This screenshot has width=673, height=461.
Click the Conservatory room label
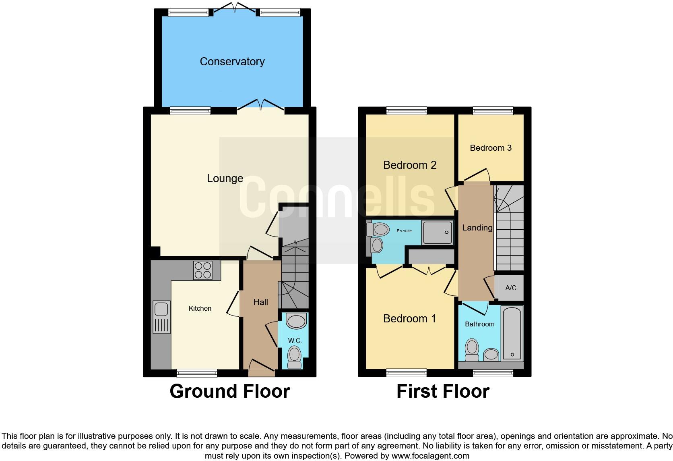[x=232, y=62]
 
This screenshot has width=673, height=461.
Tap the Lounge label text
[x=225, y=179]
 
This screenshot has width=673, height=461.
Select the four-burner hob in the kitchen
[x=203, y=270]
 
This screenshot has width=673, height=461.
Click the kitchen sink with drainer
[x=161, y=317]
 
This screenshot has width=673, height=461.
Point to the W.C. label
[x=295, y=341]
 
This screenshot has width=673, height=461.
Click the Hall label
[x=260, y=302]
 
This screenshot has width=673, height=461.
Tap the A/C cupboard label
[x=510, y=288]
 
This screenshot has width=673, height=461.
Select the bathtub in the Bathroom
[x=512, y=333]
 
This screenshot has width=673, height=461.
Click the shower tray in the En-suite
[x=437, y=233]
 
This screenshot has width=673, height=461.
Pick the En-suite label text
[x=404, y=231]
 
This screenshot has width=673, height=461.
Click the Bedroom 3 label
[x=491, y=148]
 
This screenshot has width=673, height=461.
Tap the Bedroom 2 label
[x=410, y=165]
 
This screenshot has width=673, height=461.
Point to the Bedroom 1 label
[x=409, y=319]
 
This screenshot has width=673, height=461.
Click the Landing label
[x=477, y=228]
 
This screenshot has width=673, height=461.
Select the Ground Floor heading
[x=229, y=391]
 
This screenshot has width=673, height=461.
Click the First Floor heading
[x=443, y=391]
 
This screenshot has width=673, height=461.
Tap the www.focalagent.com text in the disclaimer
[x=430, y=456]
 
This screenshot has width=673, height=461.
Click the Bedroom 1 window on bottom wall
[x=406, y=373]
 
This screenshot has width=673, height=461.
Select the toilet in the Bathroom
[x=472, y=350]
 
